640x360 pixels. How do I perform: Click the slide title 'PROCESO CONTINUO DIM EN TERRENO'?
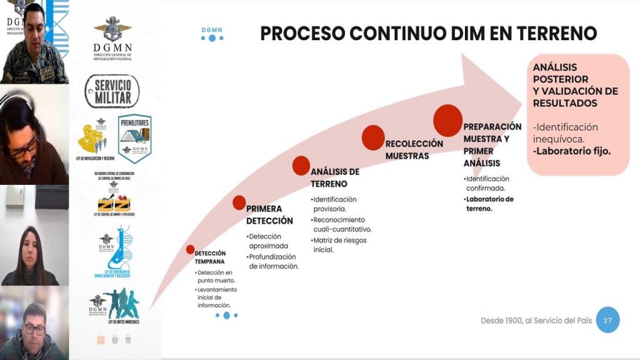coord(428,33)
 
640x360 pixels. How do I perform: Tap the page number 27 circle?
coord(607,320)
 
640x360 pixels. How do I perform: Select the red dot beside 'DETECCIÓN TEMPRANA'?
coord(191,249)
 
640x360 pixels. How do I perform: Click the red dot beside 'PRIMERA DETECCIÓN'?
coord(239,202)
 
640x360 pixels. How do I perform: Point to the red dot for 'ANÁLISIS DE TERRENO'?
coord(301,164)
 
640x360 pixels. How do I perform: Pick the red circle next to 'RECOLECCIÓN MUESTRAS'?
coord(372,137)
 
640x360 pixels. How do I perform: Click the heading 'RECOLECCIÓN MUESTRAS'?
coord(414,149)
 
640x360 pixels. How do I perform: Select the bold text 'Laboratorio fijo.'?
coord(572,151)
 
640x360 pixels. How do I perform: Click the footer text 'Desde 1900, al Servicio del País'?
coord(534,320)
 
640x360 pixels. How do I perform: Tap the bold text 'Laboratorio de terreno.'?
coord(489,204)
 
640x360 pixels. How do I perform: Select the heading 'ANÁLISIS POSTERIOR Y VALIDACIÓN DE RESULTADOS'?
coord(575,84)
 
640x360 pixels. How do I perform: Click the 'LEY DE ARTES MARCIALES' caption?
coord(116,321)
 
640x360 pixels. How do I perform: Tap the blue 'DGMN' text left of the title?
coord(212,29)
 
